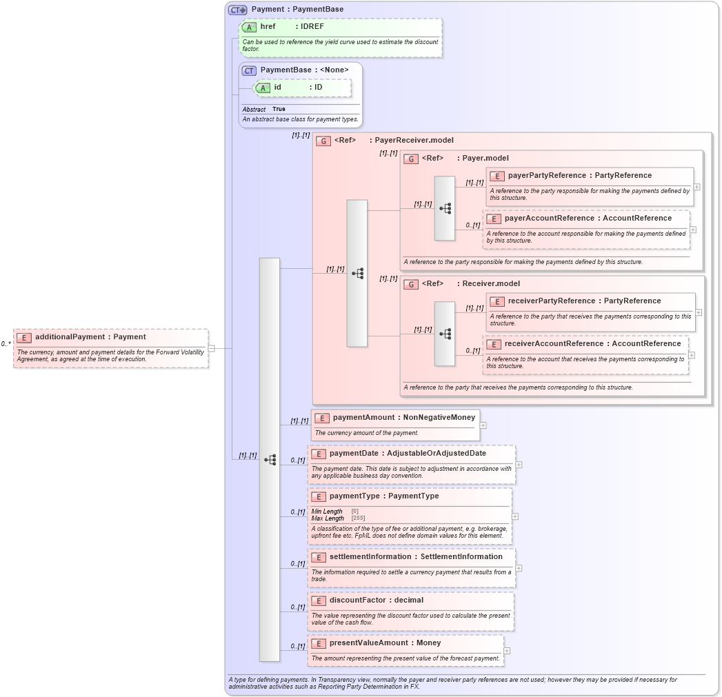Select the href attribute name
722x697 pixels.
click(x=268, y=27)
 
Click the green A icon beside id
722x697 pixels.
click(x=262, y=88)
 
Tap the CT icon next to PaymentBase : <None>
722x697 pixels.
click(x=249, y=70)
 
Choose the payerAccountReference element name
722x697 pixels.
click(x=549, y=218)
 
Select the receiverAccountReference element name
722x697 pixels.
click(x=554, y=343)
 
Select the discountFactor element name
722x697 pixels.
click(x=357, y=600)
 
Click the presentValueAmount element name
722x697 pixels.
click(x=371, y=643)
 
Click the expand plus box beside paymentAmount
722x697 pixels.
click(x=483, y=425)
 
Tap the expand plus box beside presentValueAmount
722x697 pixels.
click(x=507, y=650)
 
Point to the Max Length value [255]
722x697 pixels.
click(x=359, y=518)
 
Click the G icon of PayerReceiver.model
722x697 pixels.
click(x=323, y=141)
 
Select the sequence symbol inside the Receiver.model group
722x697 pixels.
click(x=445, y=334)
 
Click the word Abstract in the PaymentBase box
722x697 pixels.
click(x=254, y=109)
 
